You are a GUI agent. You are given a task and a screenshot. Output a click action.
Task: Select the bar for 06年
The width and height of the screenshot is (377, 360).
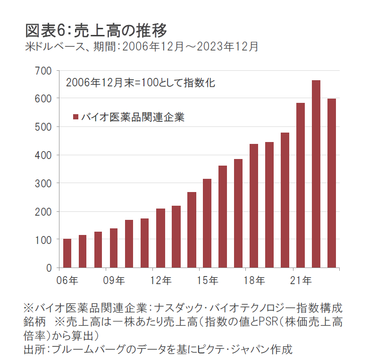click(67, 253)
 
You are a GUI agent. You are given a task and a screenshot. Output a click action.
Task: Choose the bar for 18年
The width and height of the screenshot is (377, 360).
click(253, 206)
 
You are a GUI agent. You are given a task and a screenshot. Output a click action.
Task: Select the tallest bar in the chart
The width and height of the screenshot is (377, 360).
click(316, 174)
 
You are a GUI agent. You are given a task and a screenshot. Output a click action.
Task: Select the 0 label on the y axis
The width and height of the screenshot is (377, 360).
click(49, 268)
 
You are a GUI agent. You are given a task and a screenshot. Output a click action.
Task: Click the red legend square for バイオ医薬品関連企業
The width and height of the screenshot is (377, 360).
click(75, 117)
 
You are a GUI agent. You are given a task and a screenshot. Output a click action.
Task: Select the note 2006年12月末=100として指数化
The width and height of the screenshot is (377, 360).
click(141, 83)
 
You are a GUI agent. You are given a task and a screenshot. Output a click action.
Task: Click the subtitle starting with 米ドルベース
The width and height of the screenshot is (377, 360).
click(141, 47)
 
